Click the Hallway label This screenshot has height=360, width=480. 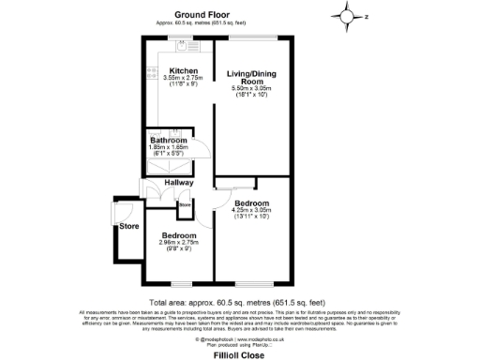(178, 182)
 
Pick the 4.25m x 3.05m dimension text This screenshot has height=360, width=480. (250, 210)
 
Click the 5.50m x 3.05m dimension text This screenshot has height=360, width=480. (250, 88)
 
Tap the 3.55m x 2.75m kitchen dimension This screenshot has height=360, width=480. (182, 78)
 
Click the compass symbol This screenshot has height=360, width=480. (348, 16)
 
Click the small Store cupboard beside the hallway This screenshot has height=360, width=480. (185, 203)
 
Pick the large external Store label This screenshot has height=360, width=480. (127, 226)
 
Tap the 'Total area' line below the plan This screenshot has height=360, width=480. (243, 302)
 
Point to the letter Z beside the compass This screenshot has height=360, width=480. (367, 16)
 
